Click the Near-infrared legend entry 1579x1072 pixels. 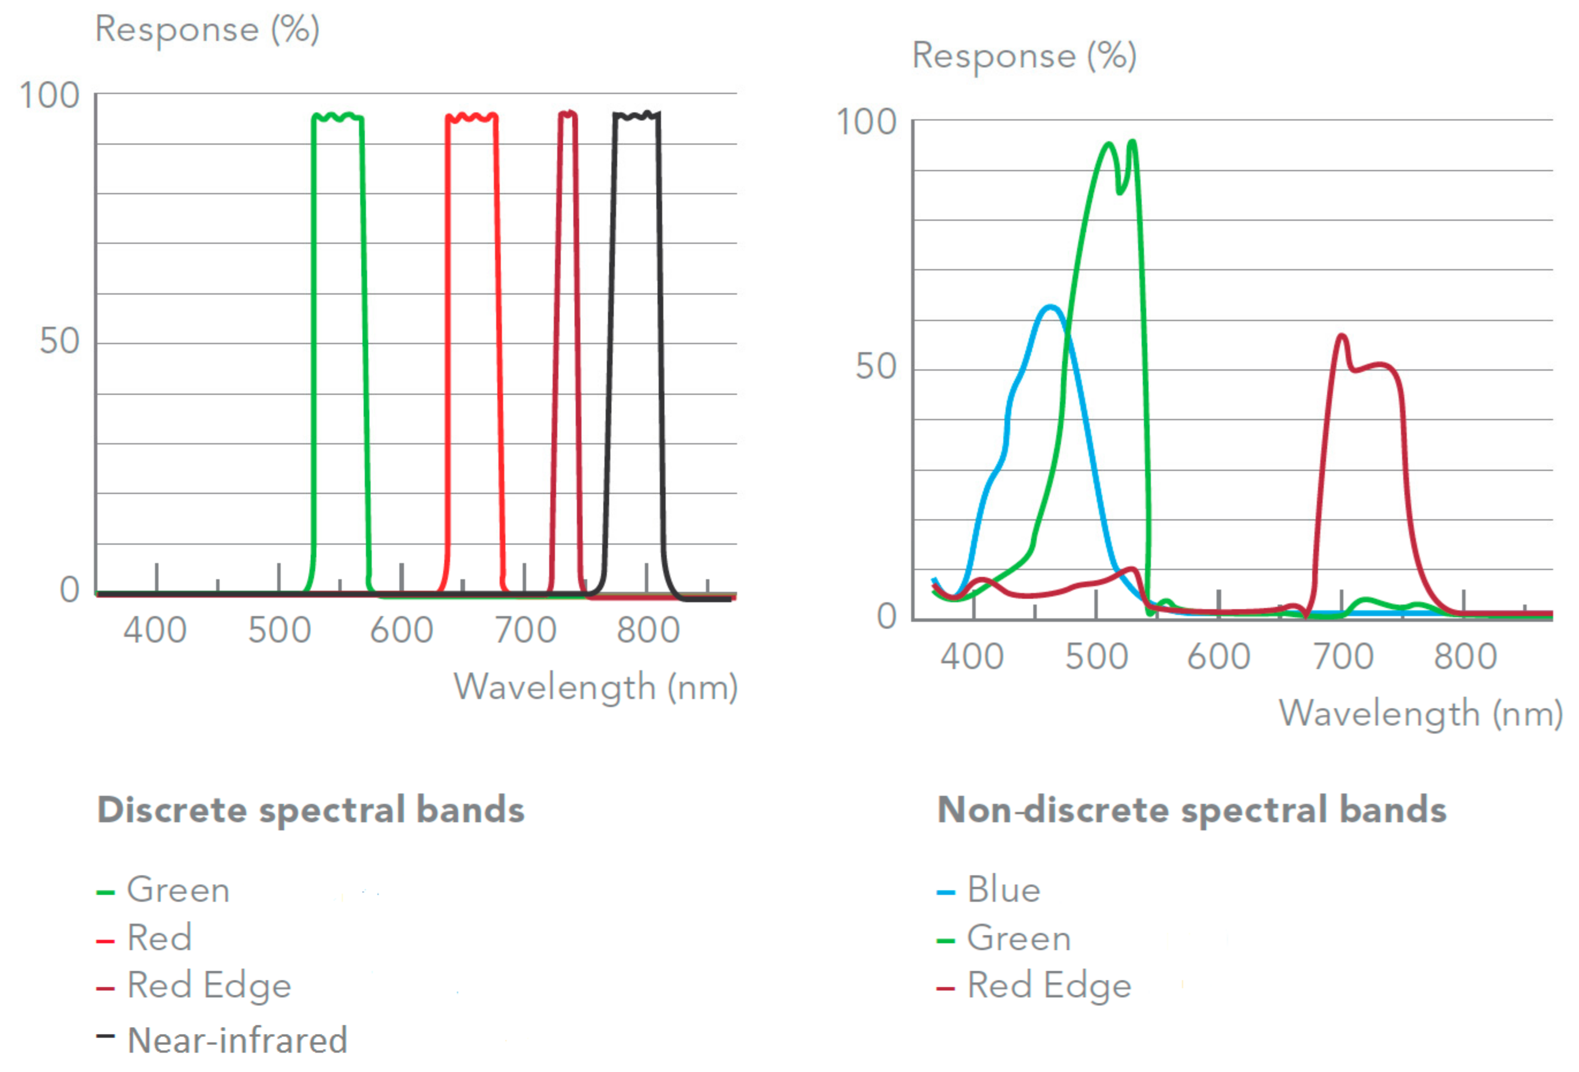coord(237,1040)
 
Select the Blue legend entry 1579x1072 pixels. coord(1003,889)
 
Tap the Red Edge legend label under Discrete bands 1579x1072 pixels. coord(209,985)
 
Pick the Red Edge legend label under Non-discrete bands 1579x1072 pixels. coord(1049,985)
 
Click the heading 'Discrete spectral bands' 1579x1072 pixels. coord(311,810)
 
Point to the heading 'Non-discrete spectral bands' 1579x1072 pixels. coord(1192,810)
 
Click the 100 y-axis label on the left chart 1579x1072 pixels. coord(50,96)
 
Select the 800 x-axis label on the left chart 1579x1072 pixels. coord(648,630)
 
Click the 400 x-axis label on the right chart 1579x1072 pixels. coord(972,656)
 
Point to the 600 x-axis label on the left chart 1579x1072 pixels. coord(402,630)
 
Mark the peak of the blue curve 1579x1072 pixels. coord(1051,307)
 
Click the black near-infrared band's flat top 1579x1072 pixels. coord(636,115)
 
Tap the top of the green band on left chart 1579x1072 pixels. coord(338,117)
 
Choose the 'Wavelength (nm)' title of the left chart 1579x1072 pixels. coord(595,687)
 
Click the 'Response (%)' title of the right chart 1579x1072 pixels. coord(1024,56)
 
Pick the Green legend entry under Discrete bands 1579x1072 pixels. coord(178,890)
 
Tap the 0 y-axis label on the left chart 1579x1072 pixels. coord(69,590)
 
